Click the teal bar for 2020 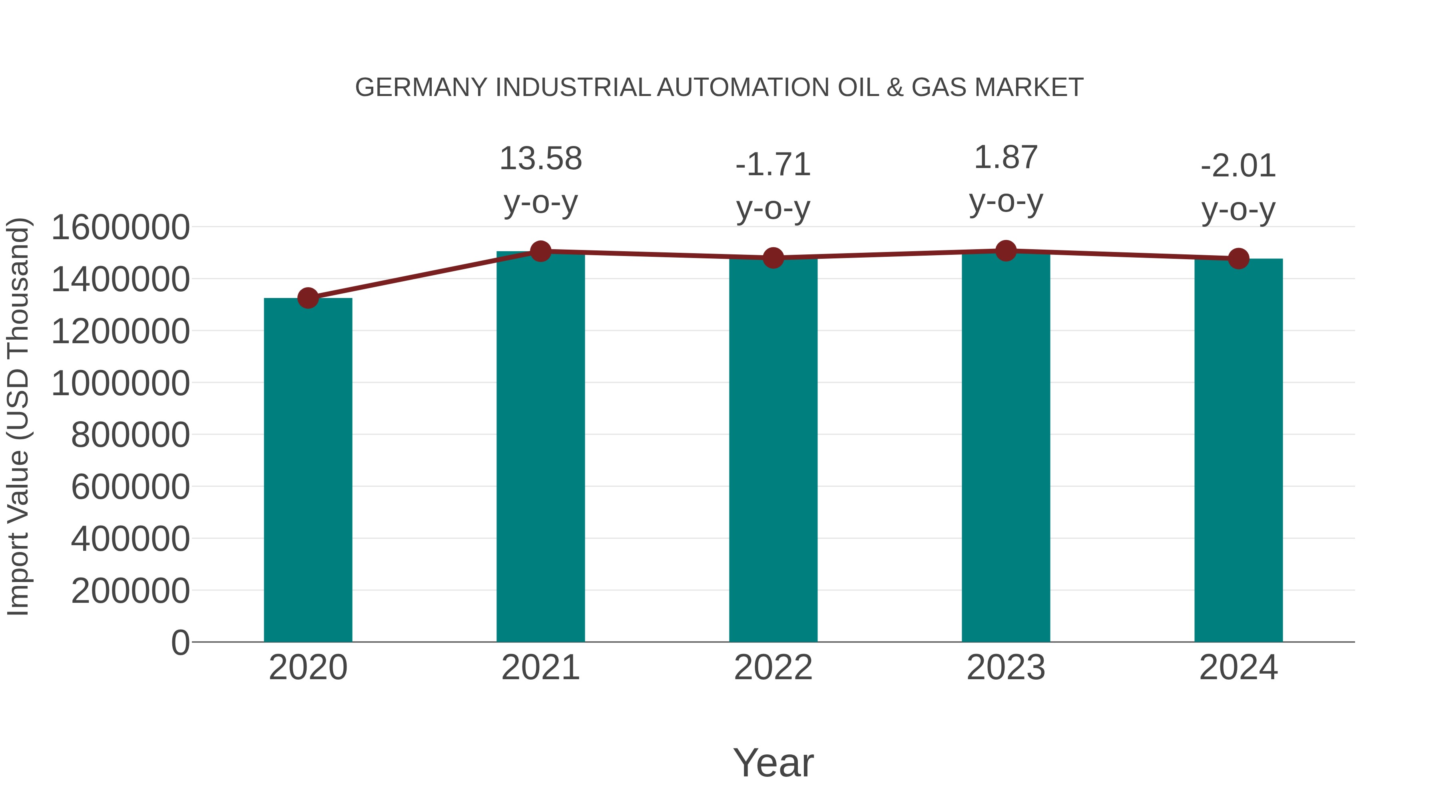[x=308, y=470]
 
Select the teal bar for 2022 [x=773, y=450]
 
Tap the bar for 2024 [x=1238, y=450]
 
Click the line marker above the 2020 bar [x=308, y=298]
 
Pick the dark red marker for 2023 [x=1006, y=251]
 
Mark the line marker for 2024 [x=1238, y=259]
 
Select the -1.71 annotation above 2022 [x=773, y=165]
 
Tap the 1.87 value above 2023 [x=1006, y=158]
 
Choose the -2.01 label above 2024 [x=1238, y=166]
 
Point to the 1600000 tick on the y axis [x=120, y=228]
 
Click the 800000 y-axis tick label [x=130, y=435]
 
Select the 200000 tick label [x=130, y=591]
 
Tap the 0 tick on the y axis [x=180, y=642]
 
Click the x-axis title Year [x=773, y=762]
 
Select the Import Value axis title [x=18, y=416]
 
